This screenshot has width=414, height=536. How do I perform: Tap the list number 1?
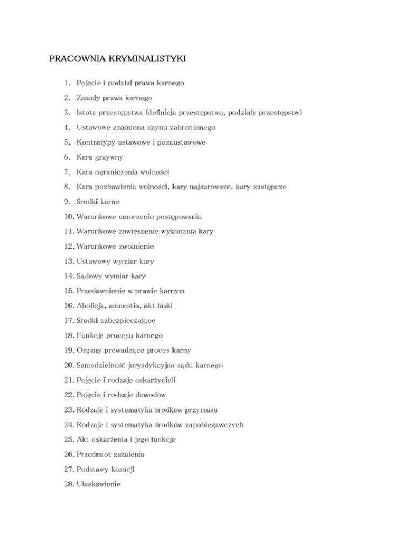tap(66, 84)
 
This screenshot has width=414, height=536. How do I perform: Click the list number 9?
tap(66, 202)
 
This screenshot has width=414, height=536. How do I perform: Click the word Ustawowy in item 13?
tap(93, 262)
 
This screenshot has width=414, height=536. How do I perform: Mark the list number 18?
tap(68, 335)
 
